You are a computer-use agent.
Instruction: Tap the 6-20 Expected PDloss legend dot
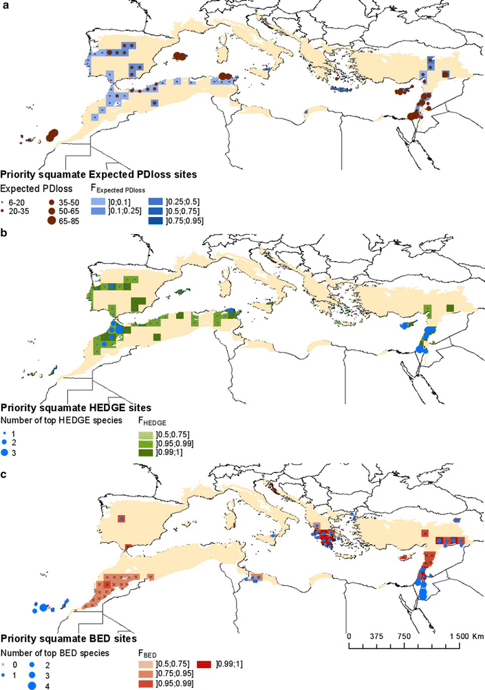[6, 198]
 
